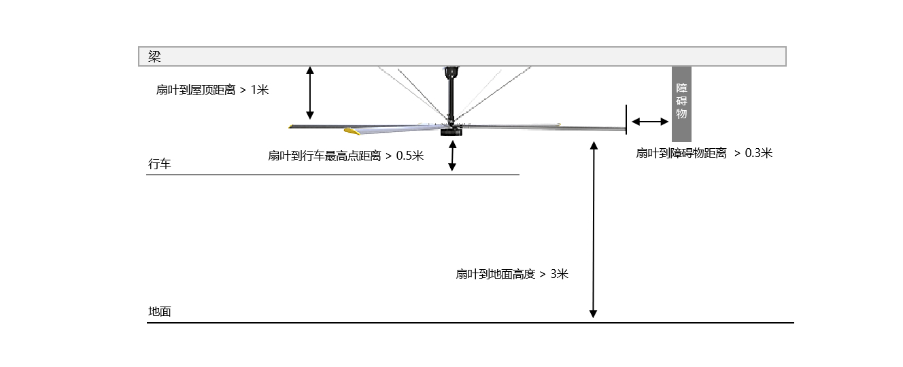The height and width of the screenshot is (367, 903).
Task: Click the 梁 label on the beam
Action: tap(154, 56)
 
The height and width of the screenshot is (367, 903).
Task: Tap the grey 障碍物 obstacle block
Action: tap(681, 103)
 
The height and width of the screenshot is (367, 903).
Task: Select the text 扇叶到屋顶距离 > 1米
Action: tap(212, 89)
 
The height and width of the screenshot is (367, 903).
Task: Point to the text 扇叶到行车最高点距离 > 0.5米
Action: tap(345, 156)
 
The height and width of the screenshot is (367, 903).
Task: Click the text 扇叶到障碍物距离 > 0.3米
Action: tap(704, 153)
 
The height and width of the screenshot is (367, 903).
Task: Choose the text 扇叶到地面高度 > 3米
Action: tap(511, 274)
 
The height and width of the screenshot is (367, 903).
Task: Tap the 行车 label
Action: tap(160, 164)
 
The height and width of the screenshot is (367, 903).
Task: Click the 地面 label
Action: tap(160, 311)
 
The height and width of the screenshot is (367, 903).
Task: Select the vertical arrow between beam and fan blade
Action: tap(310, 92)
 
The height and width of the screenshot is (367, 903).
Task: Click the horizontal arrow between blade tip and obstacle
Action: tap(650, 122)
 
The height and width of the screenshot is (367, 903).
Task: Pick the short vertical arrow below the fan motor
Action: tap(453, 157)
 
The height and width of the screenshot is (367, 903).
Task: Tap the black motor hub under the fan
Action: tap(450, 131)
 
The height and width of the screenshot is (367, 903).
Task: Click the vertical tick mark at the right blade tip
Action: tap(626, 118)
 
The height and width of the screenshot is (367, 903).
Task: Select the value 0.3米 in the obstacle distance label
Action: tap(759, 153)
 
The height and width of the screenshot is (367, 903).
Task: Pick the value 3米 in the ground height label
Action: tap(559, 274)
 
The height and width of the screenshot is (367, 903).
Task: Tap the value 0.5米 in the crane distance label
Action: tap(410, 156)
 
